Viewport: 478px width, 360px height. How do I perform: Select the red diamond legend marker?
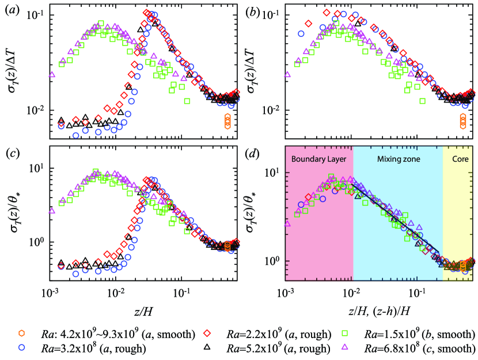click(215, 334)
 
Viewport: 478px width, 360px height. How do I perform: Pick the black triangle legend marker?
click(215, 348)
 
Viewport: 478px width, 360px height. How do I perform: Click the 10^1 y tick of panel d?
click(274, 172)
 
